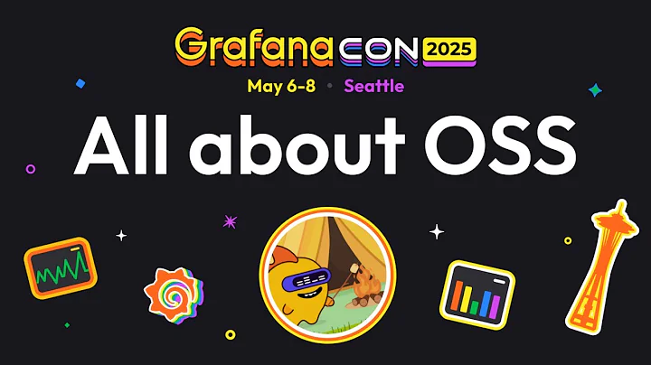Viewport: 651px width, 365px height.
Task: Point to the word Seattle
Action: (373, 87)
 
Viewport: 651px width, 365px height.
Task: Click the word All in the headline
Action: (126, 146)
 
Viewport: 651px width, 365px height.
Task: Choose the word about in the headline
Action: (299, 146)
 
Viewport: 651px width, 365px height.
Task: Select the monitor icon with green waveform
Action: (60, 267)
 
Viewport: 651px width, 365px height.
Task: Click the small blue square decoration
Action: (80, 82)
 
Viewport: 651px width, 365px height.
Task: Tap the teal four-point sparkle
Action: (594, 90)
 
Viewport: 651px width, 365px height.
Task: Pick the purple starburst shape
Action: (230, 221)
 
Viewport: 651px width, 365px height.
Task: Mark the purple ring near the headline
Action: (31, 168)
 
